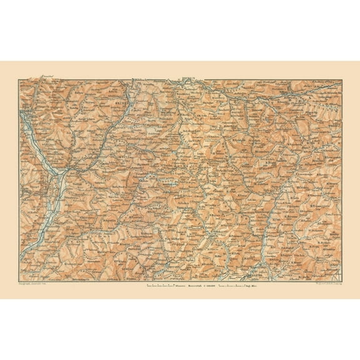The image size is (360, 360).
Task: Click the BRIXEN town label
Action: [x=121, y=98]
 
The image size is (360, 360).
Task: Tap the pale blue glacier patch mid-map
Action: [x=167, y=183]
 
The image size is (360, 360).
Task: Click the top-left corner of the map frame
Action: [x=19, y=79]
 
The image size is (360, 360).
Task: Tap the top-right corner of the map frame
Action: [x=341, y=79]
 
